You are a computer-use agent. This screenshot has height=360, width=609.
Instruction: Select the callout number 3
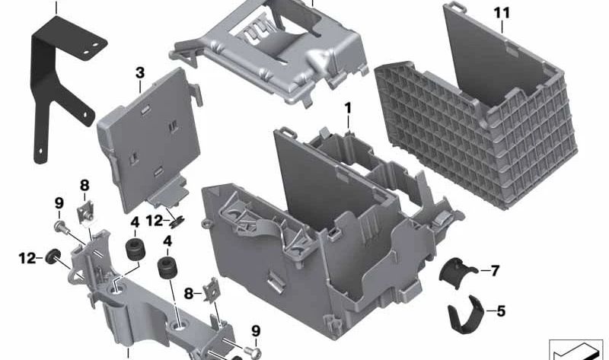[x=139, y=73]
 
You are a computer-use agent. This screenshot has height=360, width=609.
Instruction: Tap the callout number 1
[x=348, y=108]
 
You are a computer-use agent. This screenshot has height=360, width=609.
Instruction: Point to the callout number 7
[x=495, y=270]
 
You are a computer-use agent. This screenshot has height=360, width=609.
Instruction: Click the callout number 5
[x=500, y=311]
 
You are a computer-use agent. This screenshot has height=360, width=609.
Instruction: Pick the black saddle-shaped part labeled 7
[x=459, y=272]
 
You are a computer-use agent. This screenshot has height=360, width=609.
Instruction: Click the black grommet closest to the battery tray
[x=167, y=269]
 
